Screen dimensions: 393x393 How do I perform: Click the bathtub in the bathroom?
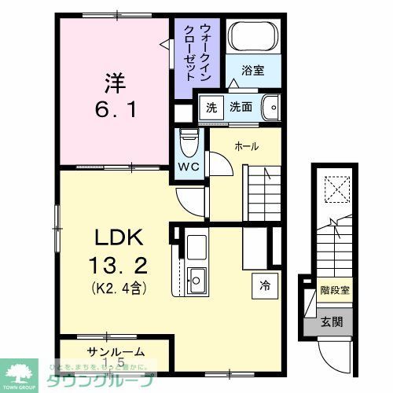253,37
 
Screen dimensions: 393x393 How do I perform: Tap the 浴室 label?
252,71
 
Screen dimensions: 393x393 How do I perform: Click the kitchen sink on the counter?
196,277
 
